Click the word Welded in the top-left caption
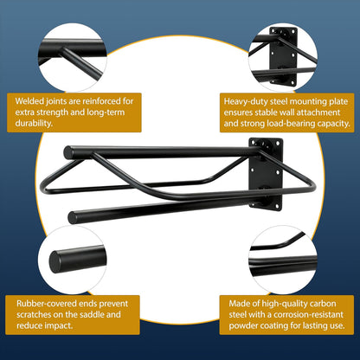pyautogui.click(x=29, y=101)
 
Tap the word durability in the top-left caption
pyautogui.click(x=34, y=123)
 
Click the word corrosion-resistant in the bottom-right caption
pyautogui.click(x=308, y=314)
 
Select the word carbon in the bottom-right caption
pyautogui.click(x=323, y=304)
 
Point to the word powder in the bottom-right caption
pyautogui.click(x=243, y=325)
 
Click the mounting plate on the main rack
pyautogui.click(x=266, y=174)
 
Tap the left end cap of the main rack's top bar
pyautogui.click(x=67, y=153)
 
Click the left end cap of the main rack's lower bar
pyautogui.click(x=72, y=218)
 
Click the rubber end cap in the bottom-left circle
pyautogui.click(x=55, y=262)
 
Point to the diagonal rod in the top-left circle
pyautogui.click(x=80, y=63)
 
